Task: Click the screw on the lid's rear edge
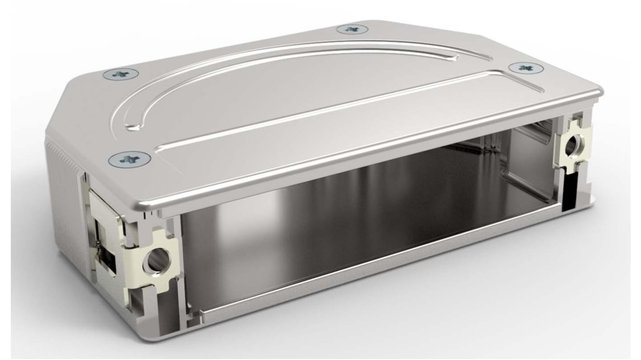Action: (x=352, y=29)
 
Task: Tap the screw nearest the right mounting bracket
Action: (x=525, y=68)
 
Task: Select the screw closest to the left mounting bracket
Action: (x=130, y=158)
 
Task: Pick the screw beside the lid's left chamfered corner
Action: (x=120, y=74)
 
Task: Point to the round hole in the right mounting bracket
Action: (x=574, y=145)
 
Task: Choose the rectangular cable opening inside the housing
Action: (x=528, y=158)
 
